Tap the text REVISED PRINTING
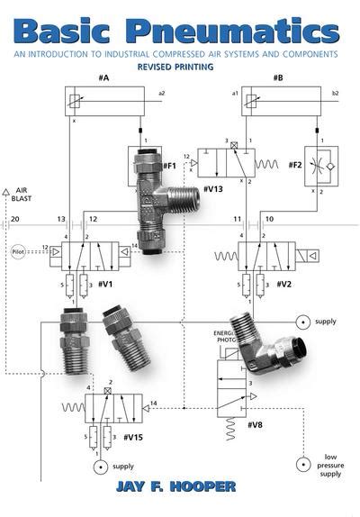pos(180,67)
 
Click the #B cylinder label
pos(276,78)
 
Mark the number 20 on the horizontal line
pos(13,219)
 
